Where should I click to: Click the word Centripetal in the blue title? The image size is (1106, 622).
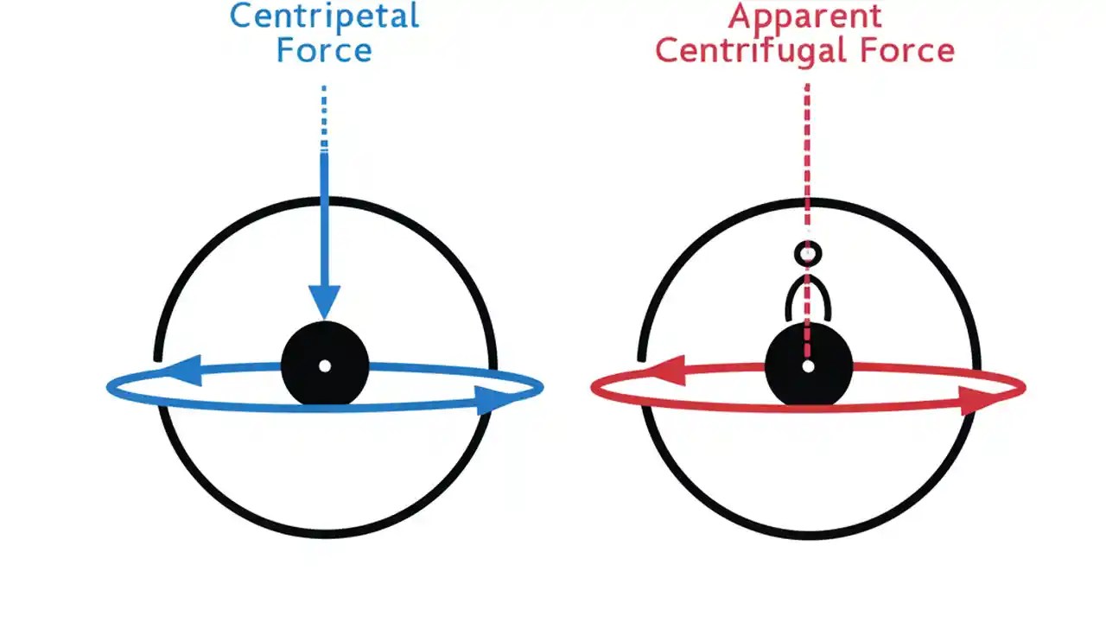click(324, 16)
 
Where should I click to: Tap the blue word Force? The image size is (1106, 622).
click(324, 50)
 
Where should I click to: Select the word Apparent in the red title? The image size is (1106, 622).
click(805, 16)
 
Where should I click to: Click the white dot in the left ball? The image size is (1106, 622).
click(325, 366)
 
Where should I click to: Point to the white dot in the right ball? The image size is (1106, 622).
click(809, 366)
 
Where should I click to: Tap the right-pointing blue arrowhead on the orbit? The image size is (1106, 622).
click(495, 399)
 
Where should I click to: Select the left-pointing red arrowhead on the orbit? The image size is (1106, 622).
click(664, 371)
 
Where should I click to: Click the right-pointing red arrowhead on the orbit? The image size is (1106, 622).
click(979, 400)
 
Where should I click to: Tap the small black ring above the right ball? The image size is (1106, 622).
click(808, 254)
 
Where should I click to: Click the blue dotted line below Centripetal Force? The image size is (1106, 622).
click(324, 117)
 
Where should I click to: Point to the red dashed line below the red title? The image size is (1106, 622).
click(807, 155)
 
